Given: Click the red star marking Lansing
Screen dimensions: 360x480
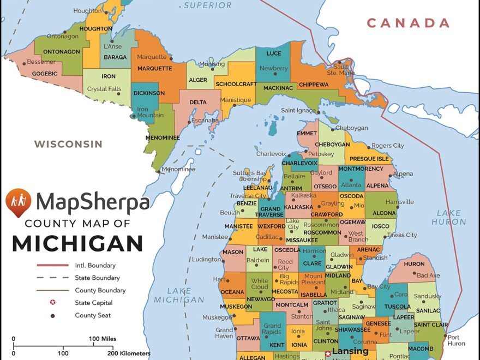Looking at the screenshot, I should tap(328, 353).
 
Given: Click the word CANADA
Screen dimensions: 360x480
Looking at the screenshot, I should tap(408, 23).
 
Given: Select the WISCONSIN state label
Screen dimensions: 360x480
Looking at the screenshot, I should tap(68, 145).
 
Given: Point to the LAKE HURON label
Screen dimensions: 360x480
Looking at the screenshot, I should tap(449, 218).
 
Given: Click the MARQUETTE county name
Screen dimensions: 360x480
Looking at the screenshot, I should tap(155, 69).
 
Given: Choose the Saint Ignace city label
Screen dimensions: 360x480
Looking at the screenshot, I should tap(298, 111).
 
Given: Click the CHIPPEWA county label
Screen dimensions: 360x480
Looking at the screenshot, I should tap(313, 85).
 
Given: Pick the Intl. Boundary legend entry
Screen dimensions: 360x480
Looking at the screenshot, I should tap(95, 266).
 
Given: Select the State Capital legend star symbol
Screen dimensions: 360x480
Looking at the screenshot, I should tap(53, 303).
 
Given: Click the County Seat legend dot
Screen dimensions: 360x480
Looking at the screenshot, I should tap(53, 315).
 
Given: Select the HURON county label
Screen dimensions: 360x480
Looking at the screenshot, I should tap(415, 264).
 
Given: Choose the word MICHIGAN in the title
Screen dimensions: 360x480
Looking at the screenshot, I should tap(77, 243).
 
